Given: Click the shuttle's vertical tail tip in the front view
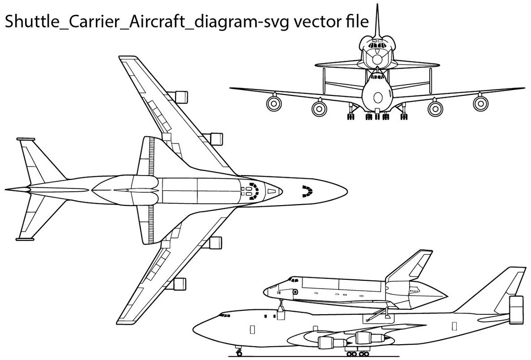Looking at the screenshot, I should point(377,6).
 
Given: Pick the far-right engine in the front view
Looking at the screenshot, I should point(480,103).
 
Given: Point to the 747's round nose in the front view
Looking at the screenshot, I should point(377,93).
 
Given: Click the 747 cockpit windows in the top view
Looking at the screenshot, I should point(307,190).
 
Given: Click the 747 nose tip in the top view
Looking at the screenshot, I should point(346,190).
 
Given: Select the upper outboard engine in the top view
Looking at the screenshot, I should point(180,96).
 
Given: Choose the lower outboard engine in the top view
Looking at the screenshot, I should point(179,284).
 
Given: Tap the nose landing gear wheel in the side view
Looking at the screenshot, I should point(239,353).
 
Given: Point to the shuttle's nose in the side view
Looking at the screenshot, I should point(265,292).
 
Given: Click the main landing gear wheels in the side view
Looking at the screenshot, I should point(357,353).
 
